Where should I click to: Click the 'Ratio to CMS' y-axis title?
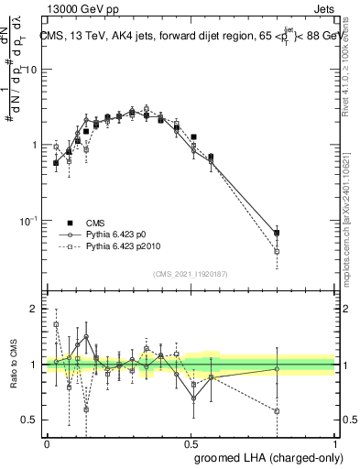pos(12,365)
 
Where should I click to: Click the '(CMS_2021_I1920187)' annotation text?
pos(191,274)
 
